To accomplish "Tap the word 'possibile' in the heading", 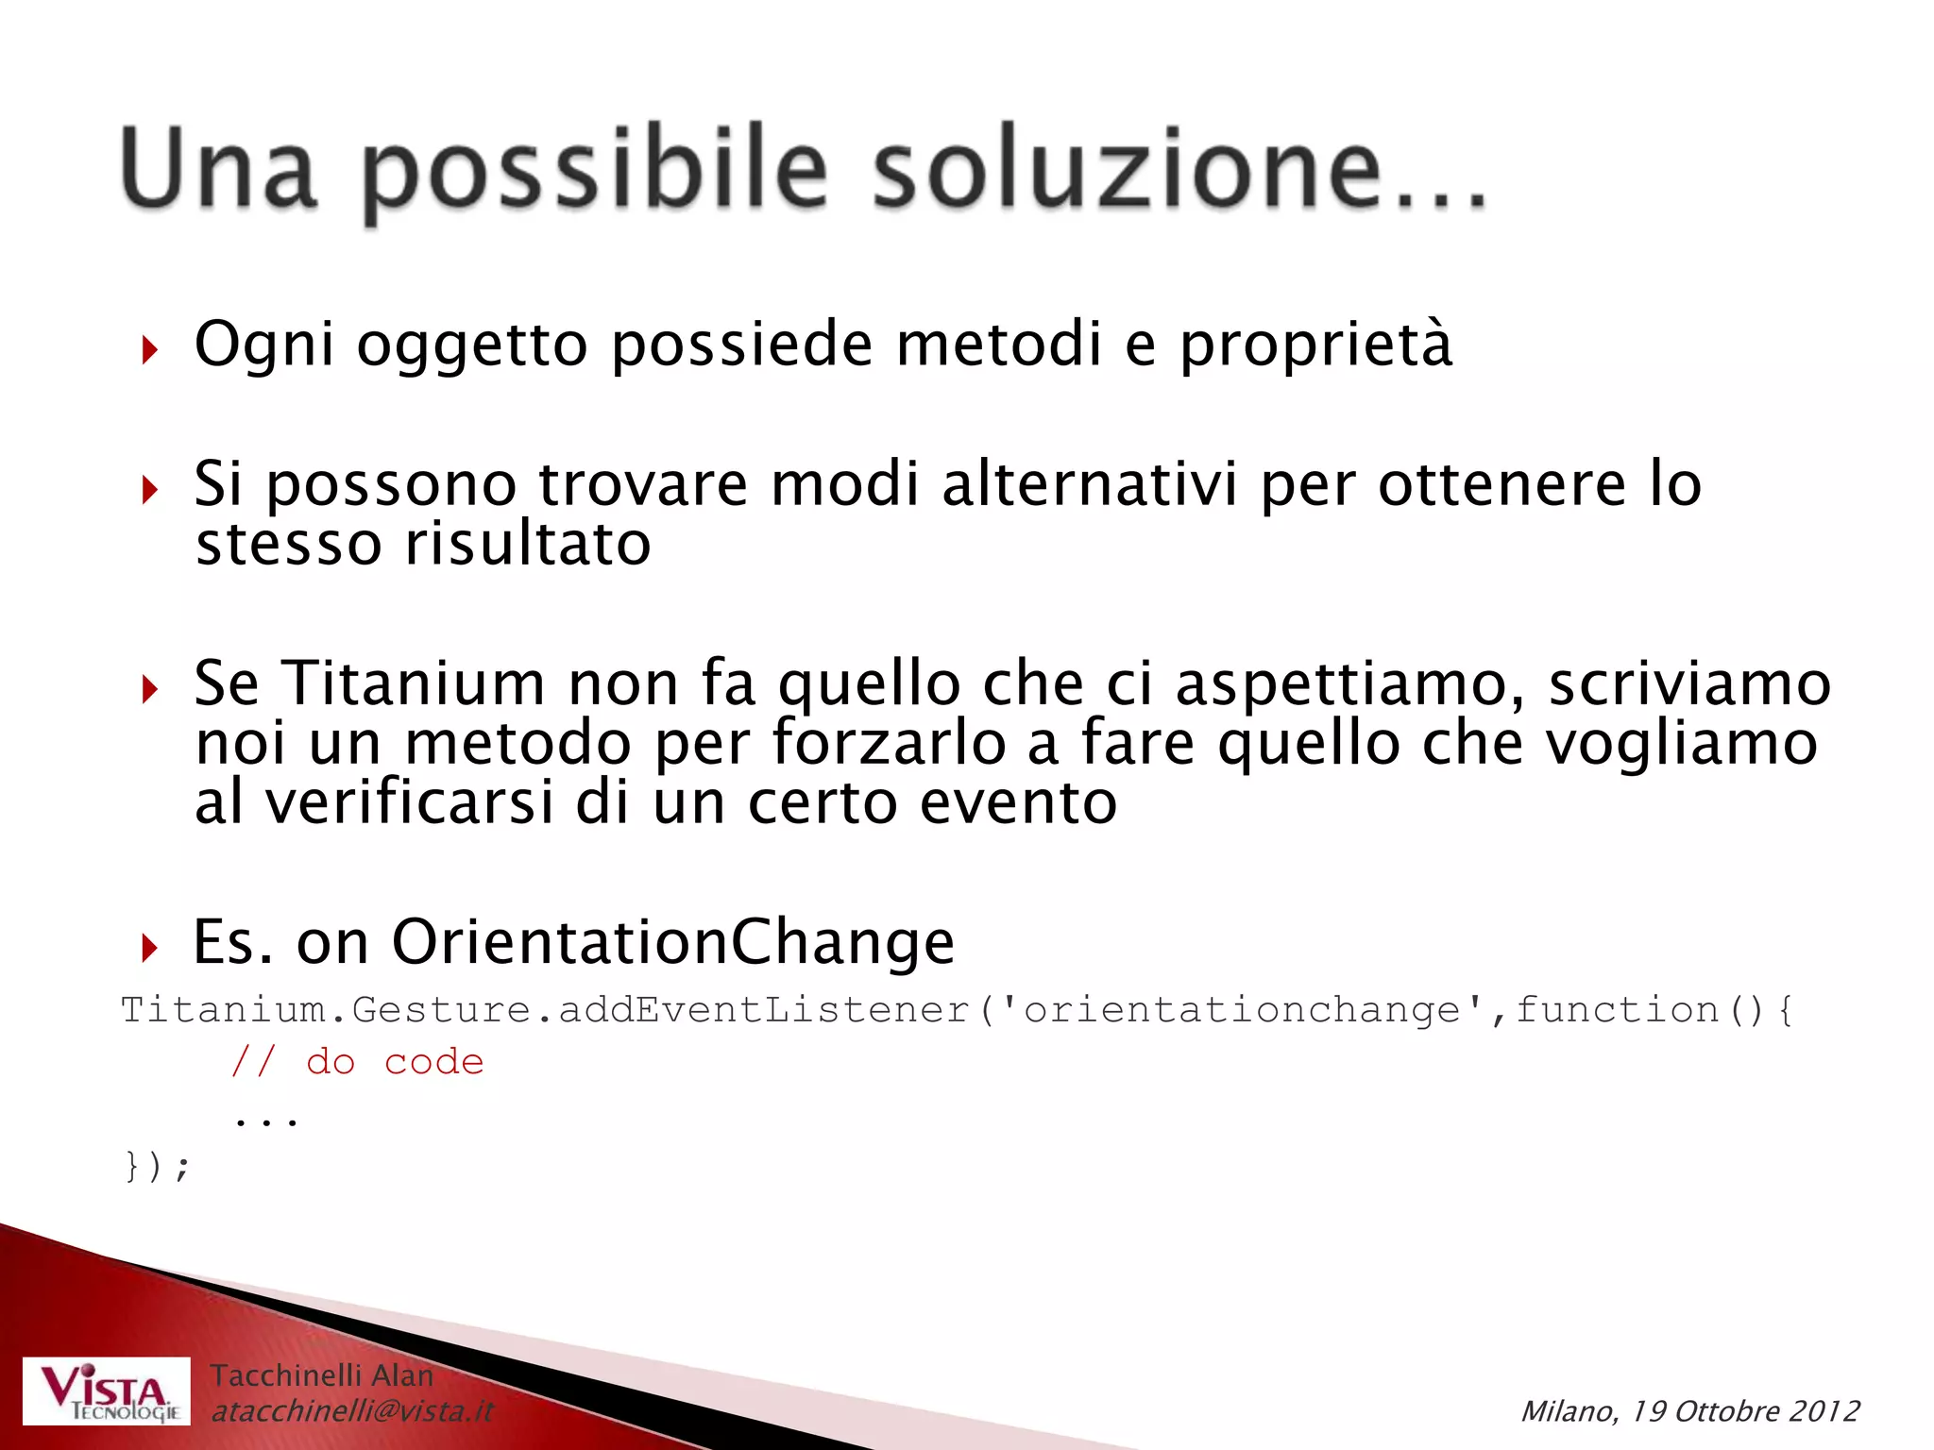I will coord(595,170).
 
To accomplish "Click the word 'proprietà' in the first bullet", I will coord(1315,345).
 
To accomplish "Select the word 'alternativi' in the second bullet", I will coord(1089,484).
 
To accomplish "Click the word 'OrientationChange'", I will coord(672,941).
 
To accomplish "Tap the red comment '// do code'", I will coord(358,1062).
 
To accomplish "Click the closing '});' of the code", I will coord(157,1166).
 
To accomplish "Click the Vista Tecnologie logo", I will coord(107,1391).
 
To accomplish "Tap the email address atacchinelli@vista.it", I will coord(352,1411).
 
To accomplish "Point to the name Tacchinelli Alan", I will coord(321,1375).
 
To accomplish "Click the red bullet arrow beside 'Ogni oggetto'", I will coord(149,351).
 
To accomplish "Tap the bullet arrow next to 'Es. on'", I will coord(149,947).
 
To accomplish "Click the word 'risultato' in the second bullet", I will coord(528,545).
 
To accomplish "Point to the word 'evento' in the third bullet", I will coord(1018,803).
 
